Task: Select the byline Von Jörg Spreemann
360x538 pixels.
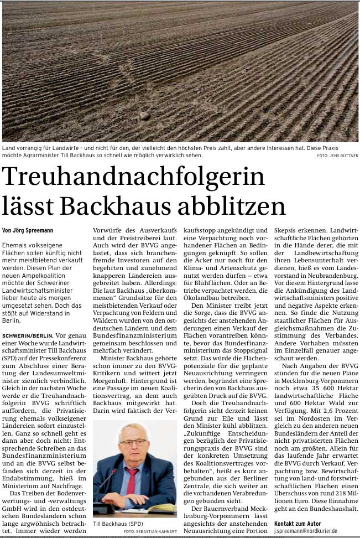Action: pos(28,230)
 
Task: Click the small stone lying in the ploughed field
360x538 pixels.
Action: pos(144,115)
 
